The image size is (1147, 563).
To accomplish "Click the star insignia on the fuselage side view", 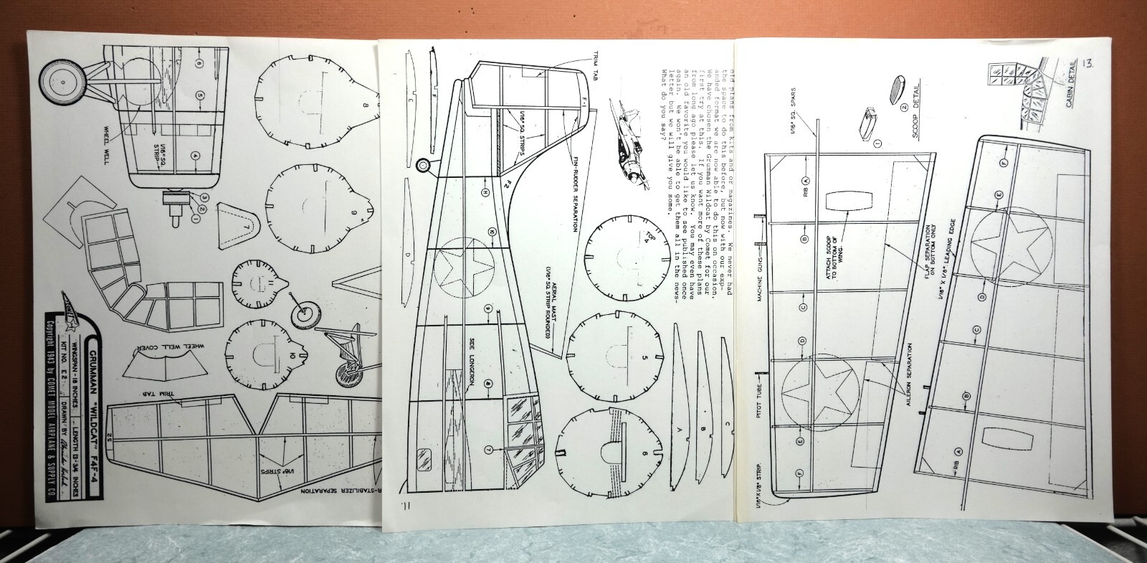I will click(464, 275).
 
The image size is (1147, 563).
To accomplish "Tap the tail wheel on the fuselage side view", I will click(424, 167).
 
